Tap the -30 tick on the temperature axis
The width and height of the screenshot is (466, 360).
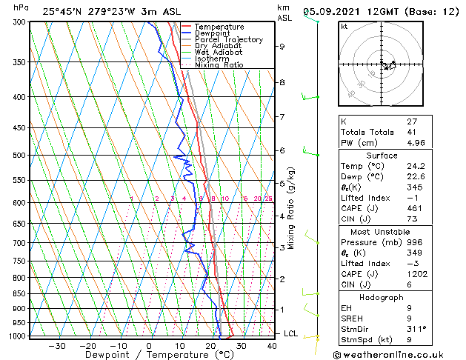point(57,346)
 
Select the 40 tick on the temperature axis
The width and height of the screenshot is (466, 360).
point(271,346)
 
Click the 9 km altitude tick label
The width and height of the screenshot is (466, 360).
point(282,47)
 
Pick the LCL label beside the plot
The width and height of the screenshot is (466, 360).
point(291,333)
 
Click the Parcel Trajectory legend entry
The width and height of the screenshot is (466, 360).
point(228,40)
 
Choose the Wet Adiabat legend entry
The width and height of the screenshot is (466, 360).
point(219,53)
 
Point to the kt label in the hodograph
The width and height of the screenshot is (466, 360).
point(344,27)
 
